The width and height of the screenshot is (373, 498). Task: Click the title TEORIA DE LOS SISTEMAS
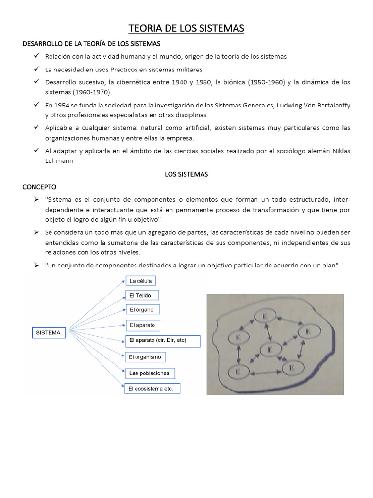click(x=186, y=29)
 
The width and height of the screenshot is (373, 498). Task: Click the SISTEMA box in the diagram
click(x=48, y=333)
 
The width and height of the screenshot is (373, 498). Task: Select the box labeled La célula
click(x=141, y=281)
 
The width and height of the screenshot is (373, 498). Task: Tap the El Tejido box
click(x=142, y=295)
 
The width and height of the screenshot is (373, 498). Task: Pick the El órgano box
click(x=142, y=309)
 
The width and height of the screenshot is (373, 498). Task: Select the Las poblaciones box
click(x=150, y=373)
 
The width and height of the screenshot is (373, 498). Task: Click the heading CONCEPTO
click(x=40, y=187)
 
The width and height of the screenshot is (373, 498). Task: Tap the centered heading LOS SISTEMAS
click(x=186, y=174)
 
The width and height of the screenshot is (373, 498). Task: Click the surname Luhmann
click(x=59, y=161)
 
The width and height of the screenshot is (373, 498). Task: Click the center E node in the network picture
click(x=270, y=349)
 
